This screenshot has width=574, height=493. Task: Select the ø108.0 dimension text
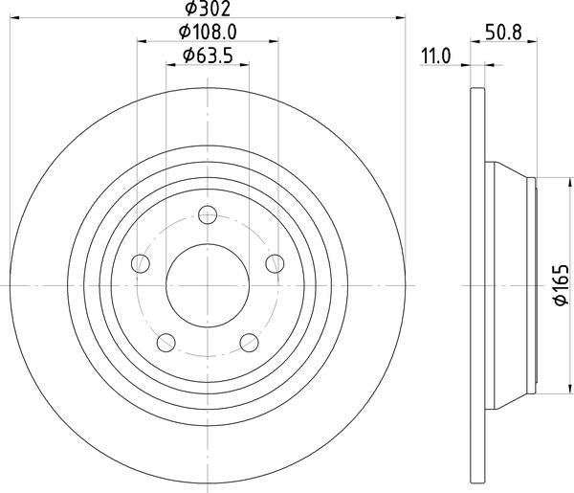(208, 33)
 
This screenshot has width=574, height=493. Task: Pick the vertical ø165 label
(563, 285)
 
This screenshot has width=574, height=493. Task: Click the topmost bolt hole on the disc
(209, 215)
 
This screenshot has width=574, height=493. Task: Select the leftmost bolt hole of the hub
(142, 263)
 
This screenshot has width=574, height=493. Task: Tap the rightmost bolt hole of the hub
(276, 263)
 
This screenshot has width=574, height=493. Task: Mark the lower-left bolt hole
(166, 342)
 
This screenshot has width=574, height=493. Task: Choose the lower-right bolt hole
(250, 342)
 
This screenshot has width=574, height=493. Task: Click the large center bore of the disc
(209, 285)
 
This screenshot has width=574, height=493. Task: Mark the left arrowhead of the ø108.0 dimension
(143, 42)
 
